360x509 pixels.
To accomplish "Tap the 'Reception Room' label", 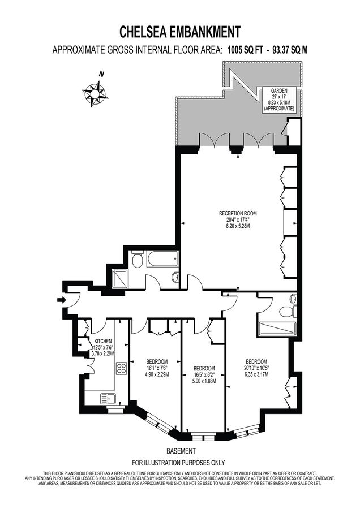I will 238,213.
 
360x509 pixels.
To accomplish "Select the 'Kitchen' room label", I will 102,341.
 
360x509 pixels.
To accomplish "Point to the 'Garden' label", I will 280,90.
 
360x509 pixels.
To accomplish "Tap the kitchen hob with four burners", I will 121,369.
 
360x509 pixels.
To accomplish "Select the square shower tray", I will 121,278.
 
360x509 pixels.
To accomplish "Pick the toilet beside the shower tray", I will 137,261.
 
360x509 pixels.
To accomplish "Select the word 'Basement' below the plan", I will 181,451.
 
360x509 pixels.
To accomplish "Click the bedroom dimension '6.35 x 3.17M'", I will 256,374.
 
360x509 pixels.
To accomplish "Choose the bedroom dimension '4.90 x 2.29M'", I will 156,374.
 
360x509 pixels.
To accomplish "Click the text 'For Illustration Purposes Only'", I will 179,461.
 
